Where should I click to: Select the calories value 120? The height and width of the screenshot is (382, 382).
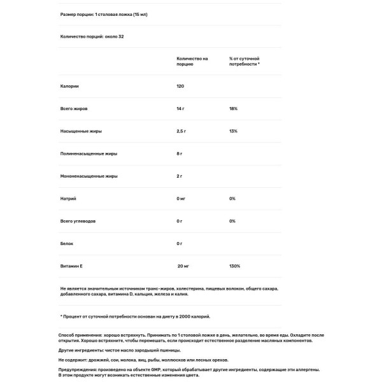pos(181,86)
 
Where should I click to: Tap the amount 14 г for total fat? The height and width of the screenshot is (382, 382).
pos(181,109)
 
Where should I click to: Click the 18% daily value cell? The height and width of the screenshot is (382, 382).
pos(233,109)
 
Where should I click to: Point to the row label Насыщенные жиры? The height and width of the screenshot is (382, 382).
pos(81,131)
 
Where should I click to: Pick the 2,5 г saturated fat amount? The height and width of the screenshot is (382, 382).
pos(182,131)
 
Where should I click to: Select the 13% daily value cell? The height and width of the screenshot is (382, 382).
pos(233,131)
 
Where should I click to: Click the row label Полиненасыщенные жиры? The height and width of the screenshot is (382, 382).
pos(88,153)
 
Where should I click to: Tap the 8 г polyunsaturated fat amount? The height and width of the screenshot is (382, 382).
pos(180,153)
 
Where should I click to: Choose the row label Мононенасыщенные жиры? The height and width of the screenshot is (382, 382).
pos(89,176)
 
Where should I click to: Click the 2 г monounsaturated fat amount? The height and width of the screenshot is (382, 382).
pos(180,176)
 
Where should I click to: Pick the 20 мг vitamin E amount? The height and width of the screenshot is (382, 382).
pos(183,266)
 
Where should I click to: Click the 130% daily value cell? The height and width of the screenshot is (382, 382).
pos(234,266)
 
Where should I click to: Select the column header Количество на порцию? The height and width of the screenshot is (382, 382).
pos(192,61)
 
